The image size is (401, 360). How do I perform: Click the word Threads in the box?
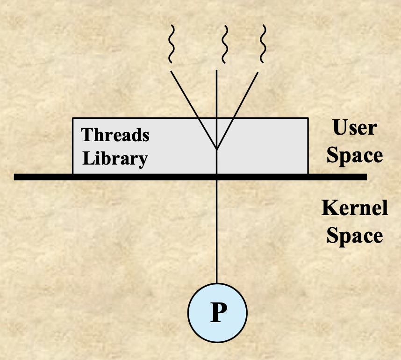point(115,135)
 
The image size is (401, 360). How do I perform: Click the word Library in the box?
point(115,158)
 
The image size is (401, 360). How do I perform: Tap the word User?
point(354,128)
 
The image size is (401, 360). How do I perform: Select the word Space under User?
point(354,156)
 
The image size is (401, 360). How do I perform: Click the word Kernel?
point(354,208)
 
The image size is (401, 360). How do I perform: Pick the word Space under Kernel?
point(354,235)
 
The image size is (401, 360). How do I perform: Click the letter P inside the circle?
point(216,313)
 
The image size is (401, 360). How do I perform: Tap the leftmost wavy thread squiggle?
point(172,45)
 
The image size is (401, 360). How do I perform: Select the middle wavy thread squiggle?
point(225,45)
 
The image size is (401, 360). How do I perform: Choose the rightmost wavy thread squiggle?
point(262,45)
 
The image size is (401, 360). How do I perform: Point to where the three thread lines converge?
point(216,149)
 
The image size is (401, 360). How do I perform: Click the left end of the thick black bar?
point(17,177)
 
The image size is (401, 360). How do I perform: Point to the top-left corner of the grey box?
point(73,118)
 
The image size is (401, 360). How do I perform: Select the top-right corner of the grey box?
point(308,118)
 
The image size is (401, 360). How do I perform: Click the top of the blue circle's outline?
point(216,284)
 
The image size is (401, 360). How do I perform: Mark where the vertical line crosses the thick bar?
point(216,177)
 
